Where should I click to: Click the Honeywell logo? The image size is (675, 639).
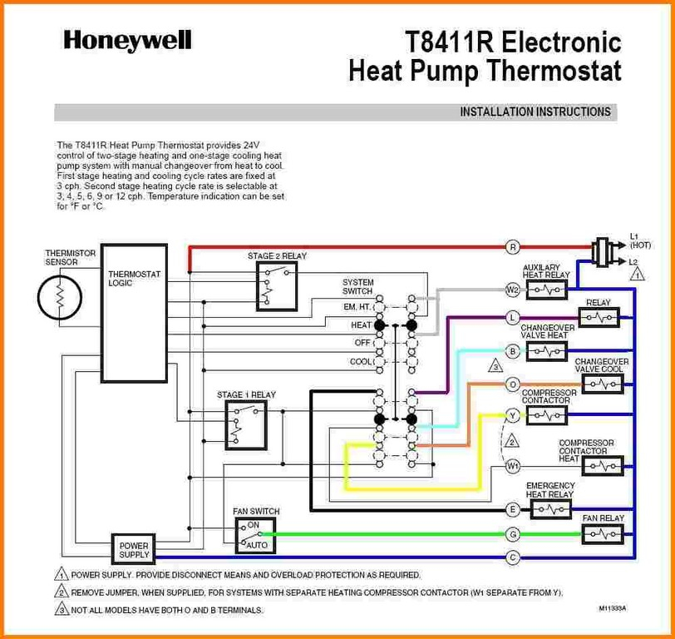pos(127,42)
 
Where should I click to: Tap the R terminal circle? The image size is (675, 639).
pos(513,247)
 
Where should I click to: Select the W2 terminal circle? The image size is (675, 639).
pos(512,290)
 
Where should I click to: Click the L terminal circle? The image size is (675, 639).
pos(512,319)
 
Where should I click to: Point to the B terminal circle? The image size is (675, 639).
pos(512,352)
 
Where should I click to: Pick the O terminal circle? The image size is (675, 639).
pos(512,384)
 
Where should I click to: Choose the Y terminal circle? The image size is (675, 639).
pos(512,415)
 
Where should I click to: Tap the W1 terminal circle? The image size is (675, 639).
pos(512,466)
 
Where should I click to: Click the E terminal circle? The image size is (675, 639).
pos(512,510)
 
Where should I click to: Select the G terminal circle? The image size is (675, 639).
pos(512,535)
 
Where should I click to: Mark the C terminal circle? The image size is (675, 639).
pos(512,557)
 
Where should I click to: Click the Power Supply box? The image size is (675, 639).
pos(134,549)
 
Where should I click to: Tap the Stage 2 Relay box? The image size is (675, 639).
pos(277,286)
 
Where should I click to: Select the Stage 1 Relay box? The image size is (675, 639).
pos(246,426)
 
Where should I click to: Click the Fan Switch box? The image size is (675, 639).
pos(256,536)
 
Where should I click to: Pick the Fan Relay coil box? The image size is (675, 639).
pos(603,535)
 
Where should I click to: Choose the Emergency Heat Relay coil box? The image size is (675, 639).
pos(550,510)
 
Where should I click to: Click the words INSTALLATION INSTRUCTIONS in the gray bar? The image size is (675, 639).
pos(535,112)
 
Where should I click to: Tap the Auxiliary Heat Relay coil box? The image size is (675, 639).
pos(547,290)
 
